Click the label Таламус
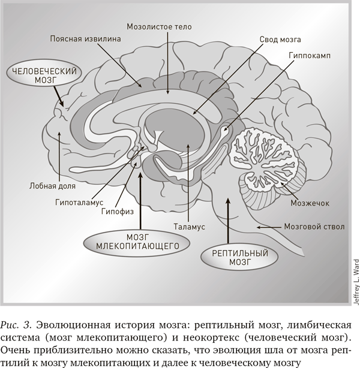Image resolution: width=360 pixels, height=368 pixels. coord(189,227)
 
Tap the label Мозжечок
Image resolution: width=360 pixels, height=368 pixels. coord(310,203)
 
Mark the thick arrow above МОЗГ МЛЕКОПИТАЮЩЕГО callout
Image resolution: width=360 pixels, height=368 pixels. coord(141,201)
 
